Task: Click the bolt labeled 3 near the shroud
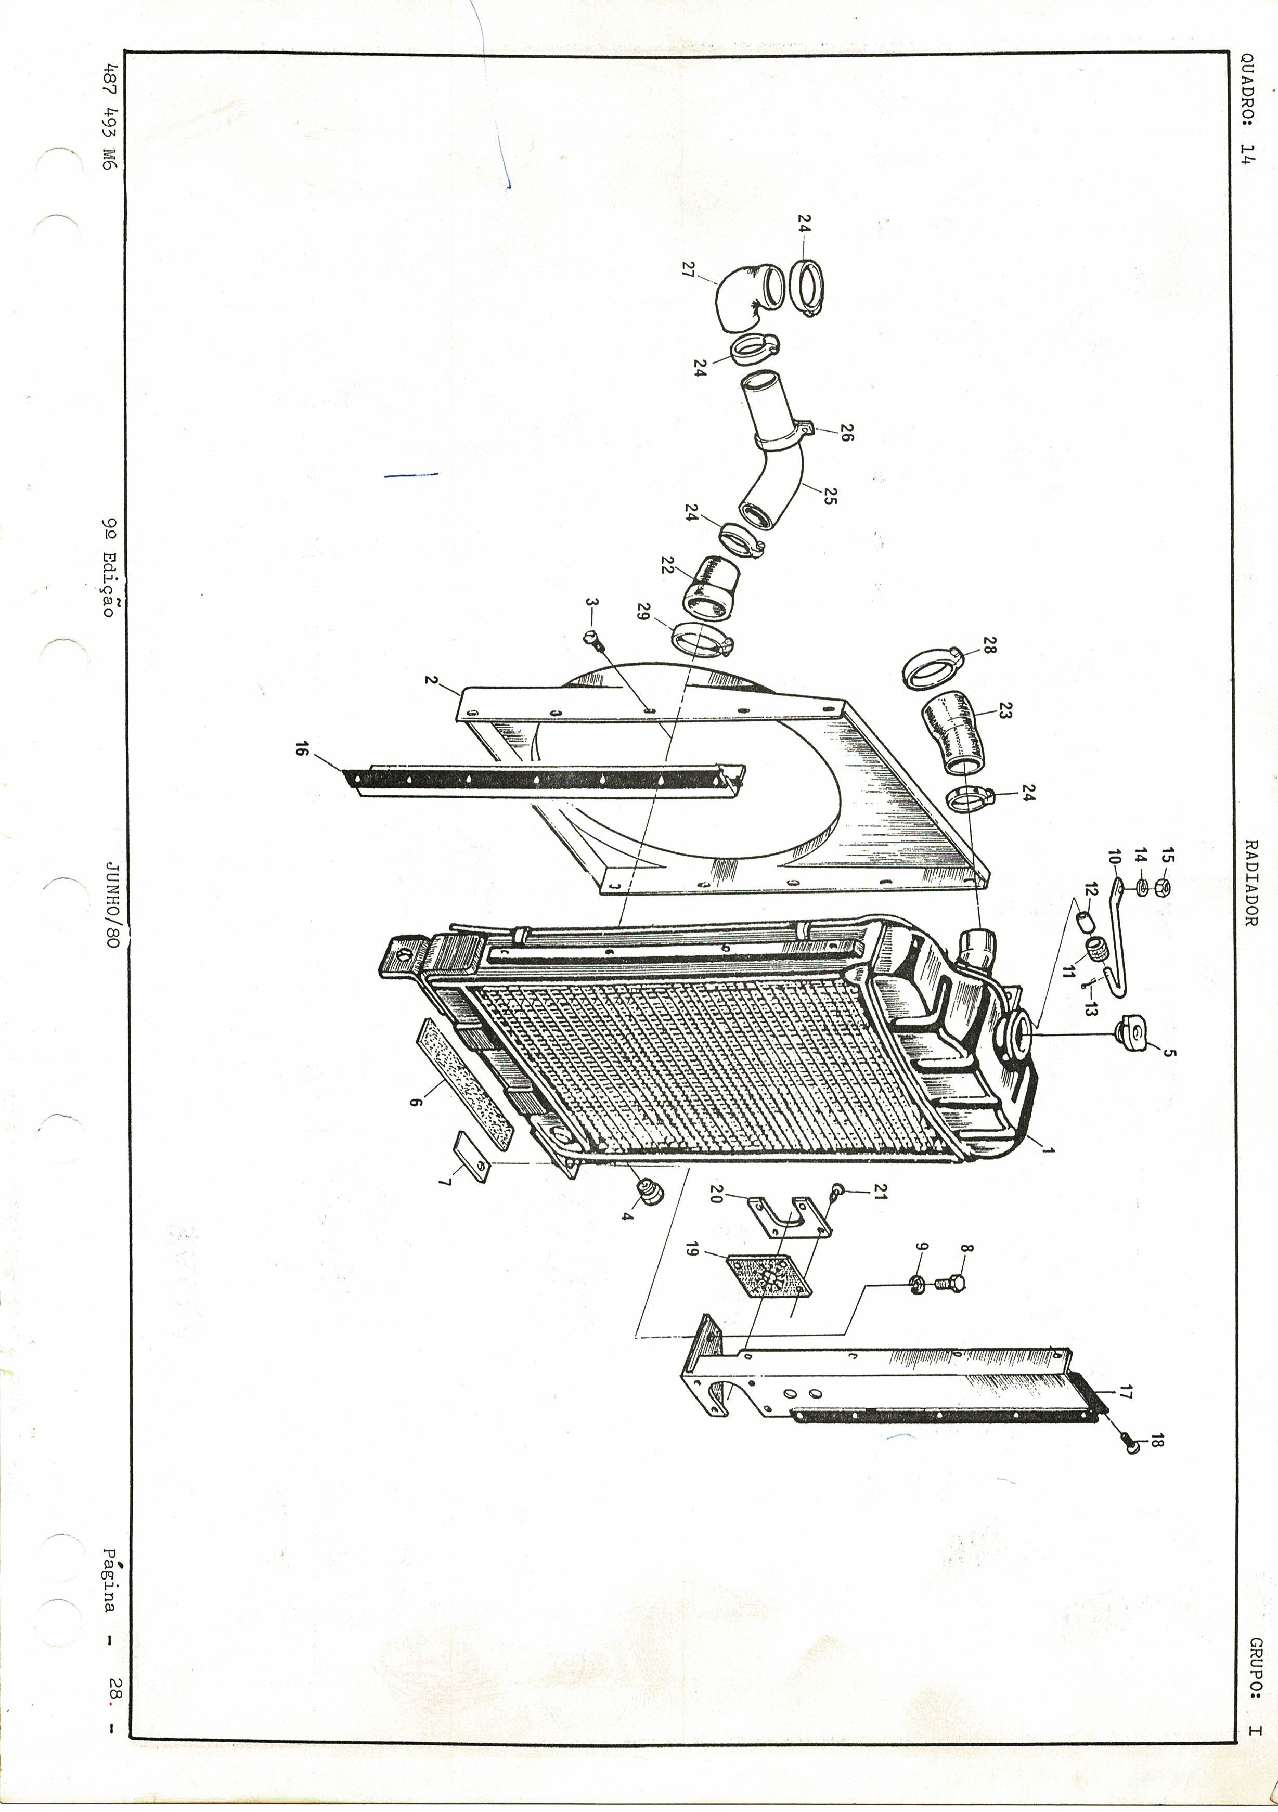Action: coord(593,640)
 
